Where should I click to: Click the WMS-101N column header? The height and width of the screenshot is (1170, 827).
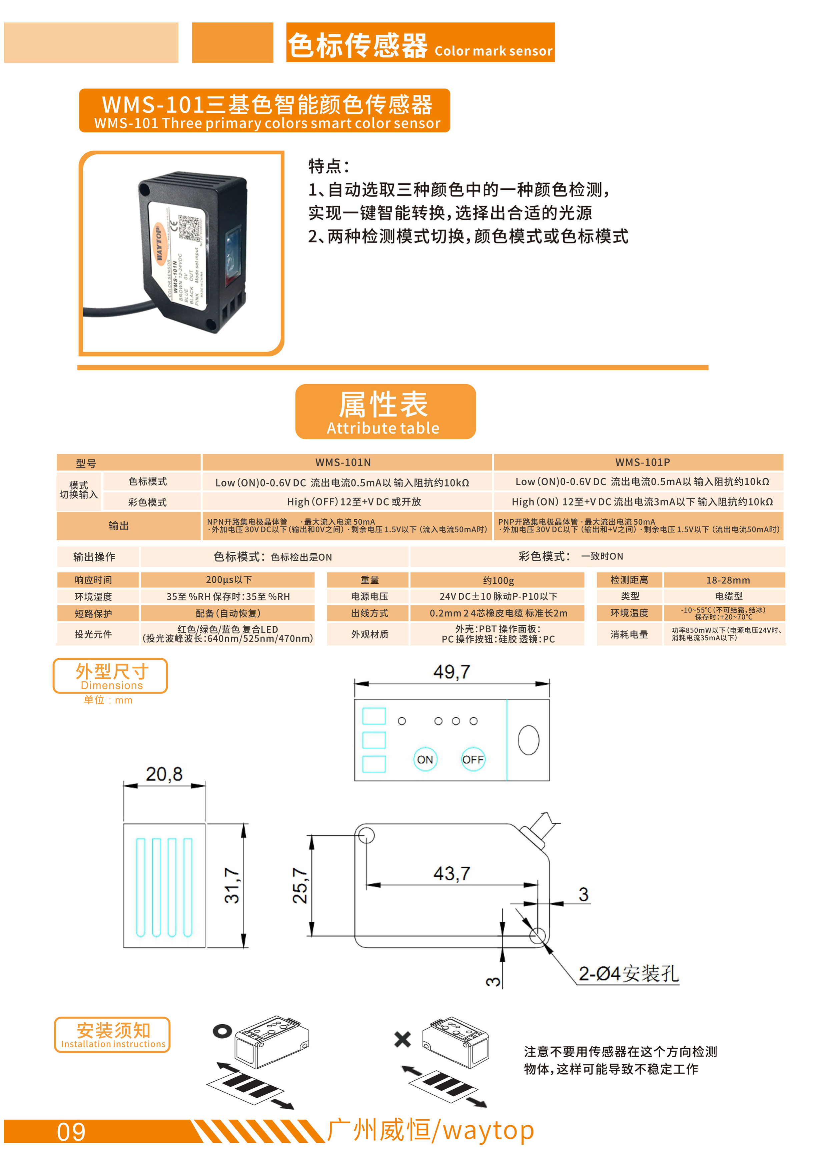point(343,462)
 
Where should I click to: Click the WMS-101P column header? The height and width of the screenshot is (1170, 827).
point(643,462)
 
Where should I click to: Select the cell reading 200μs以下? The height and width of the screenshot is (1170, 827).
point(228,580)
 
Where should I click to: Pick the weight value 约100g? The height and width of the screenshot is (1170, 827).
point(498,580)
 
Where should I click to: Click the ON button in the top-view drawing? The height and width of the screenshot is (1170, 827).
point(425,759)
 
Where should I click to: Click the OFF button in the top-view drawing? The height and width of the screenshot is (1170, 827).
point(473,759)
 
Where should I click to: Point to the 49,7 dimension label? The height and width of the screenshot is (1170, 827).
point(452,672)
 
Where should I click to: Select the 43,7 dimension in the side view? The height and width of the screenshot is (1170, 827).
point(452,873)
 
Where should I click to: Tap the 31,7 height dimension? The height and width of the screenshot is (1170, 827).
point(232,886)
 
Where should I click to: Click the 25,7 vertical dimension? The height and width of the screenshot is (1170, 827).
point(299,886)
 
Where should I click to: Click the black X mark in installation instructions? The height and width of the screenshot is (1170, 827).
point(402,1039)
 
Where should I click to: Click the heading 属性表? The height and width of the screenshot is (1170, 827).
point(383,404)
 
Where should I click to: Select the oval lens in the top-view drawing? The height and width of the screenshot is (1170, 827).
point(529,740)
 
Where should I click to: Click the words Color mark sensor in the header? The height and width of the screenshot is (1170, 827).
point(493,51)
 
